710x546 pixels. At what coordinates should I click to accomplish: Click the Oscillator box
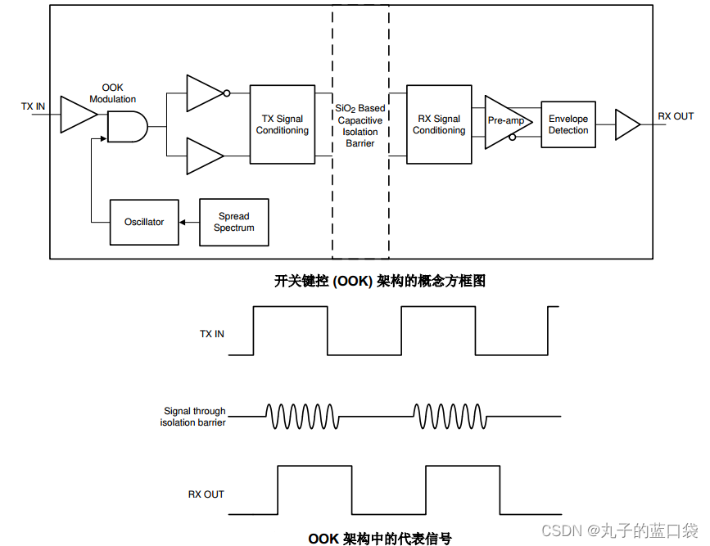pyautogui.click(x=144, y=222)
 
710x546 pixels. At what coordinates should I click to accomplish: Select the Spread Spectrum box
pyautogui.click(x=233, y=222)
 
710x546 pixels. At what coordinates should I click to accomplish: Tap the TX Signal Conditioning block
pyautogui.click(x=282, y=124)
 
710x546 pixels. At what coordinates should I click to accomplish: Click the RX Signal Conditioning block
pyautogui.click(x=439, y=124)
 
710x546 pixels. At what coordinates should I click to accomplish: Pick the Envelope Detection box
pyautogui.click(x=568, y=124)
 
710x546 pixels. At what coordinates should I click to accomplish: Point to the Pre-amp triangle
pyautogui.click(x=504, y=121)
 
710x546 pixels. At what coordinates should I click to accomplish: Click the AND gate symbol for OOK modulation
pyautogui.click(x=127, y=127)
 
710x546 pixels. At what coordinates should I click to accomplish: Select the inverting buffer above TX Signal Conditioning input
pyautogui.click(x=205, y=93)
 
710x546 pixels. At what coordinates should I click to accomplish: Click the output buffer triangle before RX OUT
pyautogui.click(x=626, y=125)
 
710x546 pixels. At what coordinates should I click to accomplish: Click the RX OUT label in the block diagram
pyautogui.click(x=676, y=116)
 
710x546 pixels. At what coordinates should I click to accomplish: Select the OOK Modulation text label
pyautogui.click(x=113, y=93)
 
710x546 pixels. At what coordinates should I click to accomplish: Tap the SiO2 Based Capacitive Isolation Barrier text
pyautogui.click(x=360, y=125)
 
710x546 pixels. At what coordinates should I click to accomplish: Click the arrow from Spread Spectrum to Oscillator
pyautogui.click(x=188, y=222)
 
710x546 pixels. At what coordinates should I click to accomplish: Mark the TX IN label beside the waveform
pyautogui.click(x=211, y=334)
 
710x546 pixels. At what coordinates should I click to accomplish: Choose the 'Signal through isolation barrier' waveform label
pyautogui.click(x=193, y=417)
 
